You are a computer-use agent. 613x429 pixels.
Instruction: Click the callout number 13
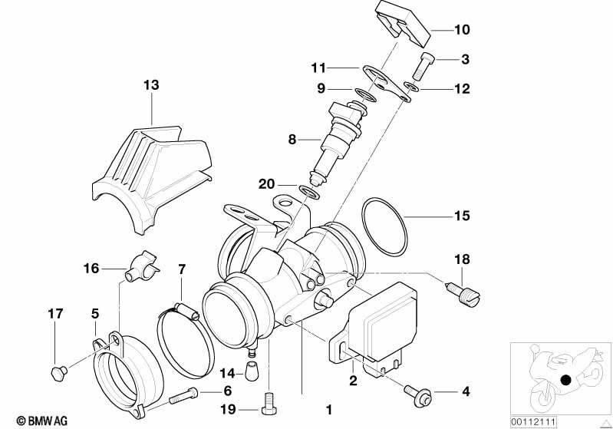151,85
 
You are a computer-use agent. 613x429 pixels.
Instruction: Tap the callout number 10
461,30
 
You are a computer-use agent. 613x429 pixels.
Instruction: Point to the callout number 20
266,183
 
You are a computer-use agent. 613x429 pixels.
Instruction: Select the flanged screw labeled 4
416,392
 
